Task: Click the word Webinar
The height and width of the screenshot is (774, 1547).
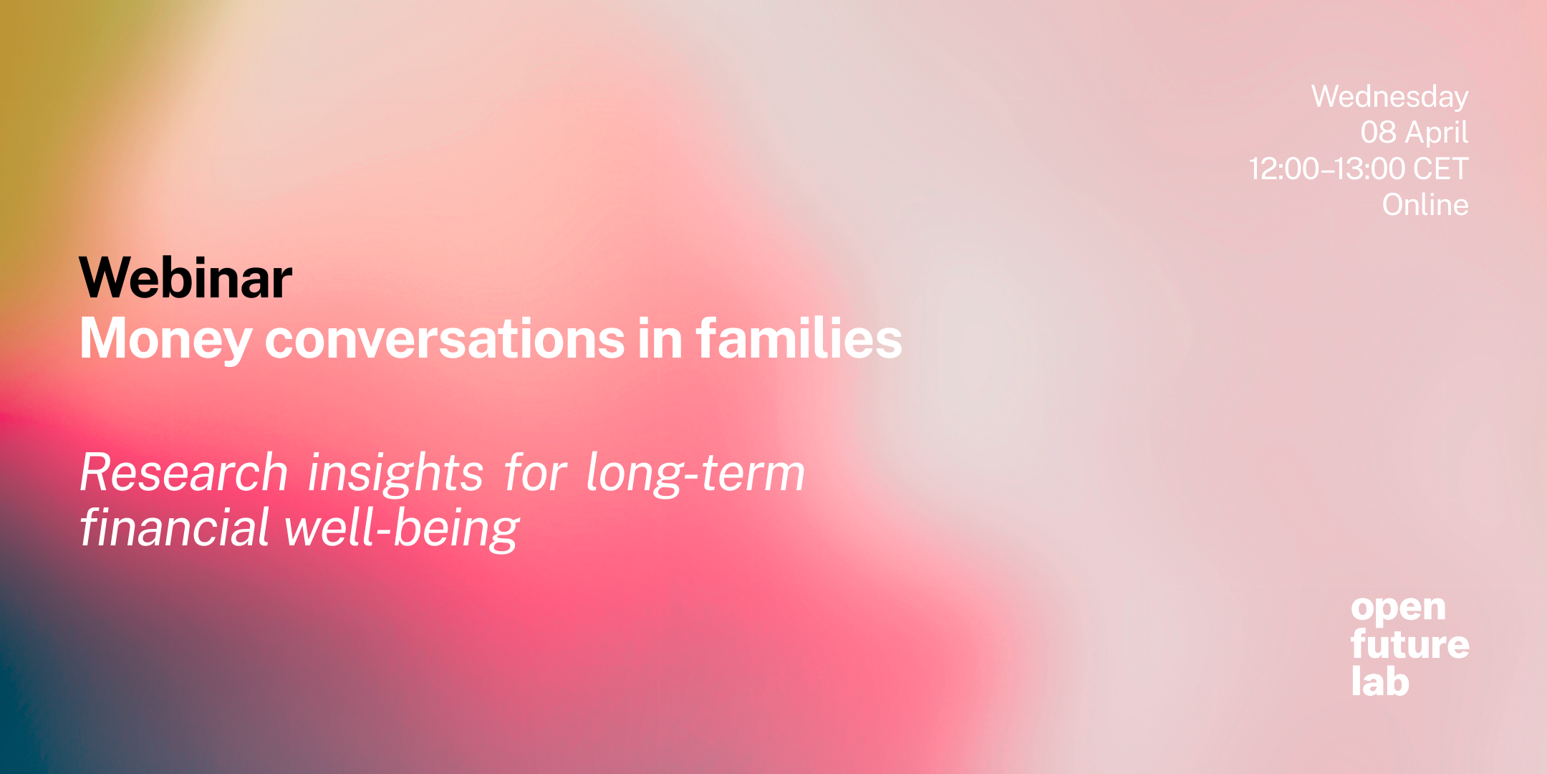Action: [185, 278]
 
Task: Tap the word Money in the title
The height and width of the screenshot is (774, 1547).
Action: [165, 339]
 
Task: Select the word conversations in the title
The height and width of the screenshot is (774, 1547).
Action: [445, 339]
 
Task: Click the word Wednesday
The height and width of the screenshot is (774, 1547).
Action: [1389, 97]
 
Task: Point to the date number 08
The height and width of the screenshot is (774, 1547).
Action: [1378, 133]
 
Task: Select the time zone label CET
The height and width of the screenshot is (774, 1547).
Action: [1440, 169]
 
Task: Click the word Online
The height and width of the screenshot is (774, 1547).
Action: [1425, 205]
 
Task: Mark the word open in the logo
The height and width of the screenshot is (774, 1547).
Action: [1398, 610]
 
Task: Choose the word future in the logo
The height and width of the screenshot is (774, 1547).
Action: [1409, 644]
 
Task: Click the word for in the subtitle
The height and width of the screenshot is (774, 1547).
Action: [535, 473]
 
